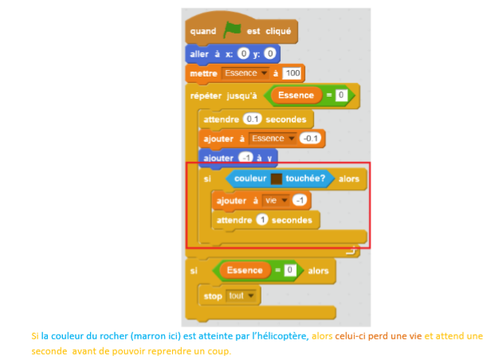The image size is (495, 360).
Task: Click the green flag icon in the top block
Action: coord(231,30)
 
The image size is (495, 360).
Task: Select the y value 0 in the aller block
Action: coord(269,53)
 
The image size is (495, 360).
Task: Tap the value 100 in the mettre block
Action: coord(293,73)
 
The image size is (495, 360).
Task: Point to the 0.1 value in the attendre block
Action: coord(253,118)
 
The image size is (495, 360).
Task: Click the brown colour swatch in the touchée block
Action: coord(277,179)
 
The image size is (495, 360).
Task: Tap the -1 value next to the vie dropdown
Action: coord(301,199)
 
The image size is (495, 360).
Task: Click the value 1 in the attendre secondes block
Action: coord(261,218)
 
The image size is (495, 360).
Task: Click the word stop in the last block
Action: coord(213,295)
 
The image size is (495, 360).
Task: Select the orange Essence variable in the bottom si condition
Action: coord(245,270)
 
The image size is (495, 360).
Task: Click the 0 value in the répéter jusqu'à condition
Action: coord(340,96)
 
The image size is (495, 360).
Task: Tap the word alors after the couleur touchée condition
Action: coord(348,179)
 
